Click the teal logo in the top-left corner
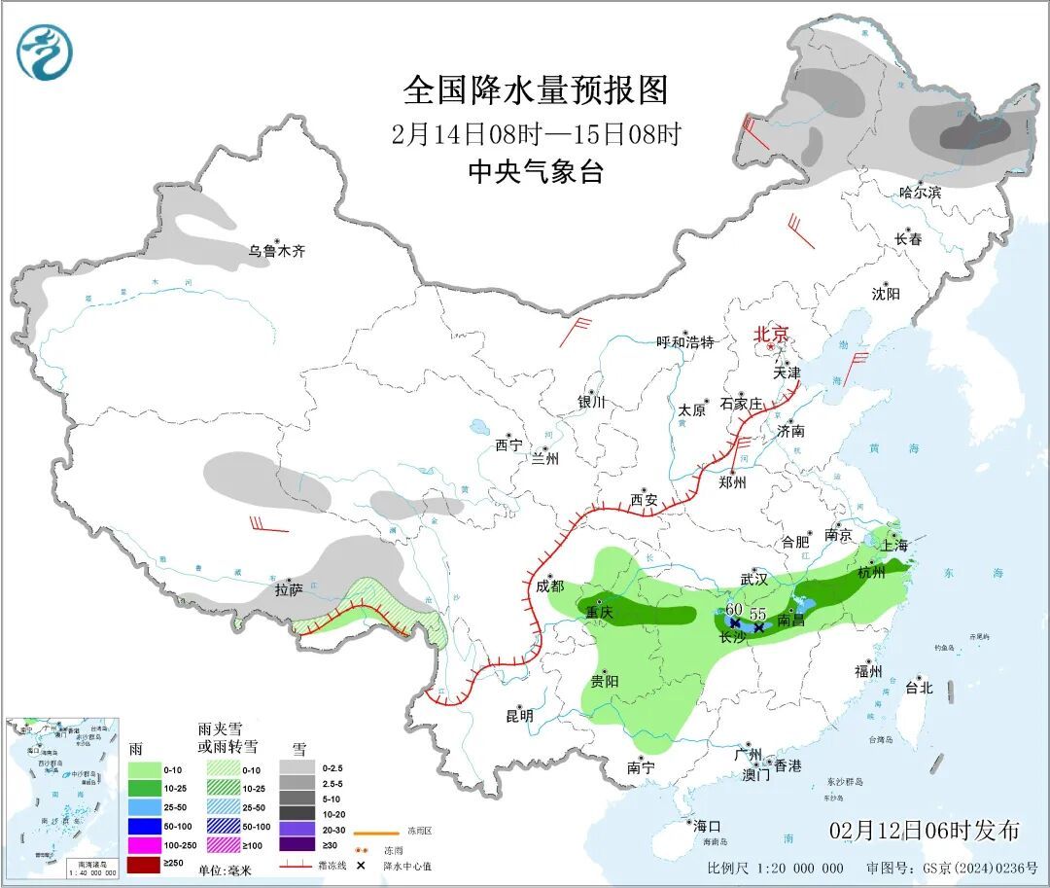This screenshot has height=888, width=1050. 45,53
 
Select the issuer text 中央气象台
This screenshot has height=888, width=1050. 536,172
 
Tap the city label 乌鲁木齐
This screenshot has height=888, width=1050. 276,251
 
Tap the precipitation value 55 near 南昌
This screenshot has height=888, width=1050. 758,615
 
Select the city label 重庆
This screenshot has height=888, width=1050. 600,613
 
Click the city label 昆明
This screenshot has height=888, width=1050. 519,716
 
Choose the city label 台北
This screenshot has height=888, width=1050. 918,688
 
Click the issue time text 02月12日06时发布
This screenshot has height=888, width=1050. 925,831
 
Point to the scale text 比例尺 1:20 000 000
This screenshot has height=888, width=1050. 775,868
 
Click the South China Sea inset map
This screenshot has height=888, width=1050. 61,798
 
